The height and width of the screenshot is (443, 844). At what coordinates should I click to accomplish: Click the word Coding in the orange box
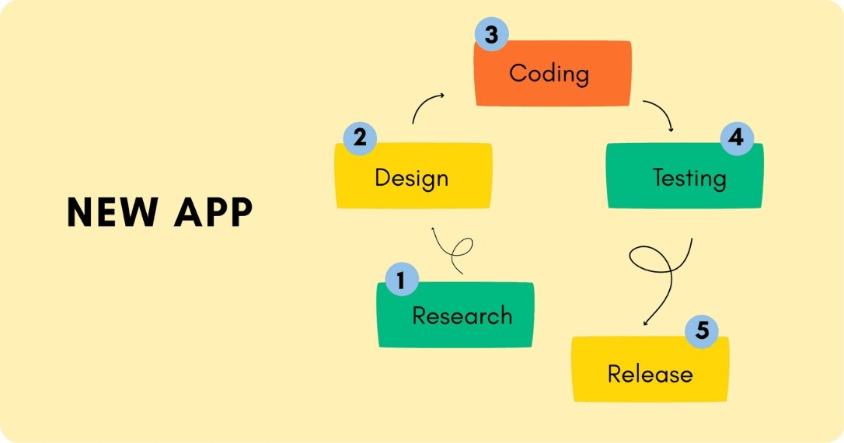(x=549, y=74)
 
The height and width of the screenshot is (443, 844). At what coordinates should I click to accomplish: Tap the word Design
(x=411, y=178)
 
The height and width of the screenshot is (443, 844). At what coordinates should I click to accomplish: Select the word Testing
(x=689, y=178)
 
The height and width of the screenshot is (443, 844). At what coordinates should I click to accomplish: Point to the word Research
(x=462, y=316)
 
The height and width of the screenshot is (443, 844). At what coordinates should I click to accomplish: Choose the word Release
(x=650, y=374)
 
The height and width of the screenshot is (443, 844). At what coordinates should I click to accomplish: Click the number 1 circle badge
(x=401, y=279)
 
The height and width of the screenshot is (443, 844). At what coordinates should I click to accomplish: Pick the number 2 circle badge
(x=359, y=138)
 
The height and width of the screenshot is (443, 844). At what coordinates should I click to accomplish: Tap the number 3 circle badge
(x=491, y=35)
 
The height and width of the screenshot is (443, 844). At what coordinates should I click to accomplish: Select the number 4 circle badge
(x=736, y=139)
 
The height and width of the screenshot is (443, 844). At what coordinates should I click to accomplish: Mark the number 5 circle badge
(x=702, y=331)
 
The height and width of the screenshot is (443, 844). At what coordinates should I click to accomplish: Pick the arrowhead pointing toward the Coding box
(x=441, y=96)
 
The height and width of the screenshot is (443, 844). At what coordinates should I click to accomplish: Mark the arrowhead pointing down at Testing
(x=670, y=128)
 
